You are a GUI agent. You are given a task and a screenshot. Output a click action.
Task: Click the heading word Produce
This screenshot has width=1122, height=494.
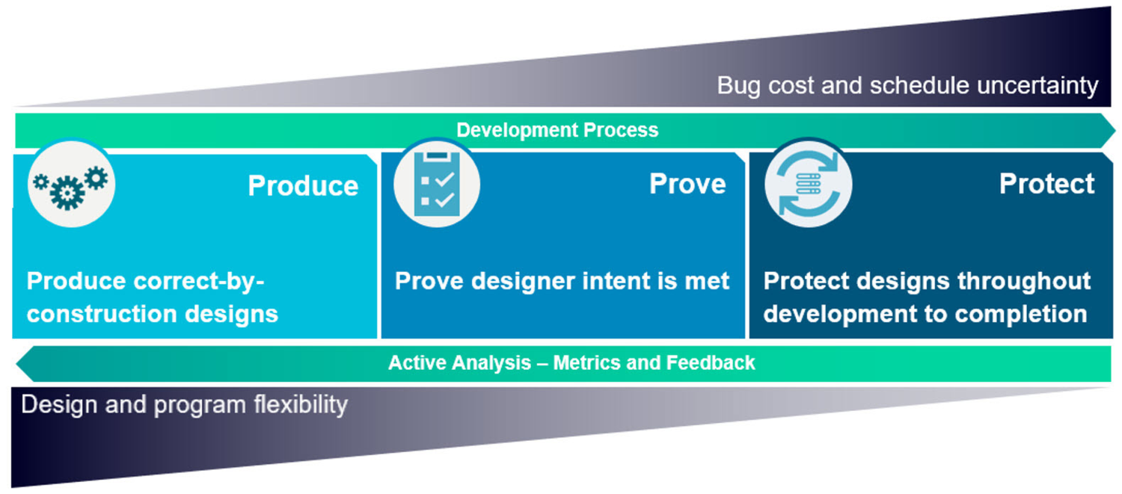tap(303, 185)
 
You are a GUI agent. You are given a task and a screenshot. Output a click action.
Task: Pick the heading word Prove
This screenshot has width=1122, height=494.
tap(687, 184)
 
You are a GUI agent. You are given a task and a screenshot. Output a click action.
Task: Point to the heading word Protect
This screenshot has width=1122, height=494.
tap(1046, 184)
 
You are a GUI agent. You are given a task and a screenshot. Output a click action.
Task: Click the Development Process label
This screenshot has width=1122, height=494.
tap(557, 130)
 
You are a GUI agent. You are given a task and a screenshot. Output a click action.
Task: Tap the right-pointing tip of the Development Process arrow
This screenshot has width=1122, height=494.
tap(1111, 131)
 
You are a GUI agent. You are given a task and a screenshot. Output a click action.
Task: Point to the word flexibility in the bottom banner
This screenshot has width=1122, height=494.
tap(298, 404)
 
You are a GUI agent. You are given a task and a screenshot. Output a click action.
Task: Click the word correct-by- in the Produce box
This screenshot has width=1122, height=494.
tap(200, 282)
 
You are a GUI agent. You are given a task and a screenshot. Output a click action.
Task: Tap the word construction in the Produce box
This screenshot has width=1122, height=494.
tap(96, 313)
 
